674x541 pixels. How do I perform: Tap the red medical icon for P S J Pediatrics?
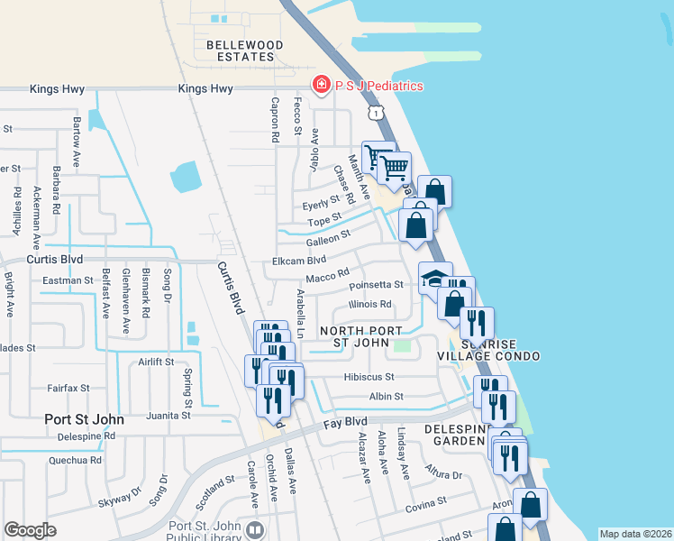coord(320,86)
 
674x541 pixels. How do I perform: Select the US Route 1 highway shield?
coord(375,112)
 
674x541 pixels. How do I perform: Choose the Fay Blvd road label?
coord(346,421)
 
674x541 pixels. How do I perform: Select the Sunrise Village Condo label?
coord(500,351)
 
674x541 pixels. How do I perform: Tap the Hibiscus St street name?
coord(369,377)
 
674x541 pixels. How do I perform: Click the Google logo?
coord(30,530)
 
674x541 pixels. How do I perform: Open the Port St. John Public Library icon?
coord(254,530)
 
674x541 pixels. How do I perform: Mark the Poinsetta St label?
coord(381,286)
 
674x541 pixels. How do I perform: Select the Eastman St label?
coord(68,280)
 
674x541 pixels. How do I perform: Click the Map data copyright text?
coord(635,534)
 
